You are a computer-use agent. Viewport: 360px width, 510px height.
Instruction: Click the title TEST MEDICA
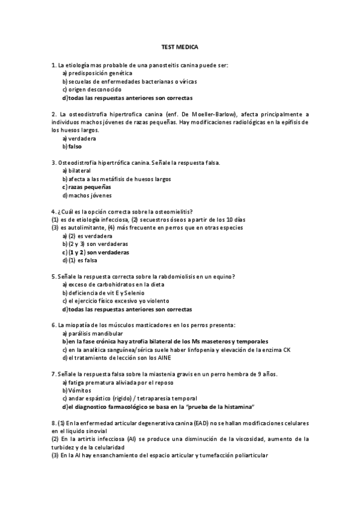(180, 46)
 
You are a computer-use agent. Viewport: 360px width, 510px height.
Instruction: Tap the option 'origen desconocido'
(91, 89)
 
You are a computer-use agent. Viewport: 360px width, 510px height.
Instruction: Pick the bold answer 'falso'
(75, 146)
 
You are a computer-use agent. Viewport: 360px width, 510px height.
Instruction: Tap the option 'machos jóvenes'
(90, 195)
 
